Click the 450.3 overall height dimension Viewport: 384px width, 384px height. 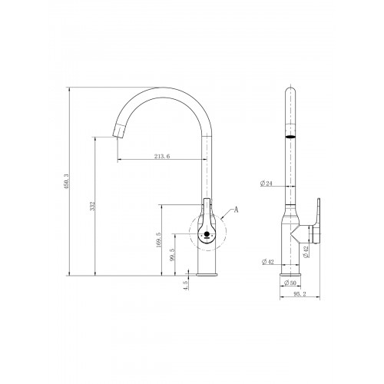coord(67,181)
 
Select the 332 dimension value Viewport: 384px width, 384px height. coord(93,206)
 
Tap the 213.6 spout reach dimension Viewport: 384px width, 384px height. coord(162,156)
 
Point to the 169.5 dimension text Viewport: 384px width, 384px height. coord(158,240)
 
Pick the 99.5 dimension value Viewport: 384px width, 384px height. coord(172,255)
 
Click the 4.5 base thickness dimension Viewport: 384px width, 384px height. coord(186,285)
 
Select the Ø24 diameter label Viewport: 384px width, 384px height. coord(266,184)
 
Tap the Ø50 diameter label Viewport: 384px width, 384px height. coord(290,283)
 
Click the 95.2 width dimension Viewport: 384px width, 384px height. coord(300,294)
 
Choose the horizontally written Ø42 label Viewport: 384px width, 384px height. coord(268,262)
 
